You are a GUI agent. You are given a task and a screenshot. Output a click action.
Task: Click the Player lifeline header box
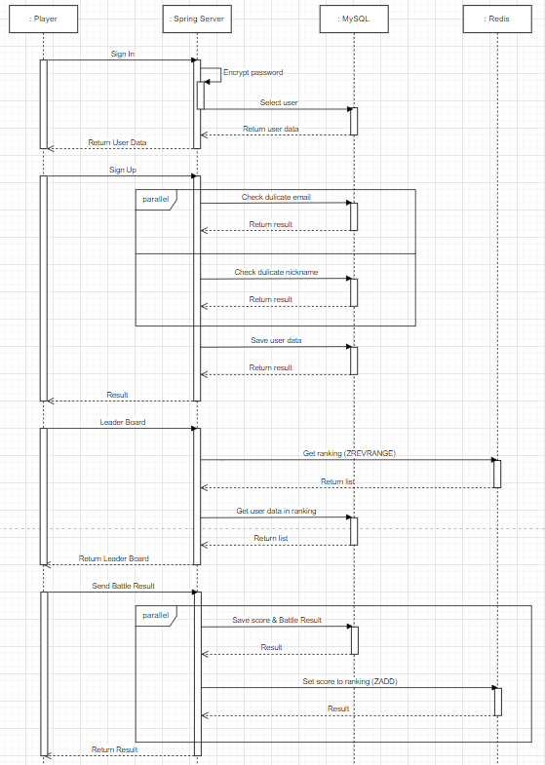[44, 19]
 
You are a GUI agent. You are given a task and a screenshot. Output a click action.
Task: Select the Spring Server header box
[197, 19]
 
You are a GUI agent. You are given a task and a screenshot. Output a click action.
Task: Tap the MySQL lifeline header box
[354, 19]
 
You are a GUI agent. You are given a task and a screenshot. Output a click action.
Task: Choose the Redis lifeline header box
[497, 19]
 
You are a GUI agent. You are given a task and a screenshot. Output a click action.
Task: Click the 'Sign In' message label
[123, 54]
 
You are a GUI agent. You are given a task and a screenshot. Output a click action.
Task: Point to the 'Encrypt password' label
[253, 72]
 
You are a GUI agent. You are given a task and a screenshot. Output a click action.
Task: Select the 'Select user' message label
[279, 102]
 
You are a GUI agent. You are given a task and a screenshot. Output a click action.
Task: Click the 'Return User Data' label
[118, 142]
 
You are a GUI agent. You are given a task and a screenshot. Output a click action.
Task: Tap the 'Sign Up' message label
[123, 170]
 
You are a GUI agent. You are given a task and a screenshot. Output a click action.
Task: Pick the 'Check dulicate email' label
[276, 197]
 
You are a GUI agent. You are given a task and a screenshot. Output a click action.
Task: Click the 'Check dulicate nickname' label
[276, 272]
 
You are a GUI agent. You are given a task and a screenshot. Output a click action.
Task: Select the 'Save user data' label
[276, 340]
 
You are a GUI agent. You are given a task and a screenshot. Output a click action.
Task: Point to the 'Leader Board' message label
[123, 422]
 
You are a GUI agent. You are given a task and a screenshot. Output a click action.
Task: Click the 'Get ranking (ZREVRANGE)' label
[349, 453]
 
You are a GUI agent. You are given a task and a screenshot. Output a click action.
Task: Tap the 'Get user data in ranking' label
[276, 511]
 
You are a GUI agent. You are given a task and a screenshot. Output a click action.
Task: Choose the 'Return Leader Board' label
[114, 558]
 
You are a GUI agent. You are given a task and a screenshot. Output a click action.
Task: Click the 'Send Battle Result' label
[124, 586]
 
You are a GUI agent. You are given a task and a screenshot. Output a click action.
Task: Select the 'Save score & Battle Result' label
[277, 620]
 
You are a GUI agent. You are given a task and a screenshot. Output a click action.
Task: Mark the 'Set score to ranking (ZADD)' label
[350, 681]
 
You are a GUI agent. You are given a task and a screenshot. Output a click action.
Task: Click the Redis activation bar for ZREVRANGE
[497, 474]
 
